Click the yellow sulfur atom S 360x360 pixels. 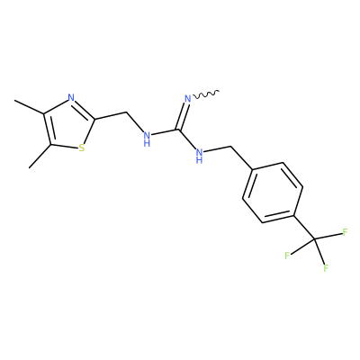click(81, 148)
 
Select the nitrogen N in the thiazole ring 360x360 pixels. click(71, 98)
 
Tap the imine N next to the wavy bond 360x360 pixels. click(188, 98)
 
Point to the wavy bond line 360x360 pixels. click(206, 94)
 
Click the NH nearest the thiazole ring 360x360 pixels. click(147, 139)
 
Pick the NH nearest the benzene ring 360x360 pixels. click(199, 156)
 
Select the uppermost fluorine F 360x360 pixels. click(345, 232)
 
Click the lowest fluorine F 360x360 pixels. click(326, 268)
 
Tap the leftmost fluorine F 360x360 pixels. click(287, 256)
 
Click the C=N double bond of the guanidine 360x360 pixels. click(184, 116)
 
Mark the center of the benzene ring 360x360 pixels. click(273, 193)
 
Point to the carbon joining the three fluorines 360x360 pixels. click(315, 239)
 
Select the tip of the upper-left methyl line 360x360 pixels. click(15, 101)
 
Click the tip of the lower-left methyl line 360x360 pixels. click(30, 167)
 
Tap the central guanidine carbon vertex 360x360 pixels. click(179, 130)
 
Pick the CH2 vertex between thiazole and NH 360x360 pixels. click(127, 112)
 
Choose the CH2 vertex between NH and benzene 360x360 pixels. click(231, 147)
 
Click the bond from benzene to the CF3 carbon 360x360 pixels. click(304, 227)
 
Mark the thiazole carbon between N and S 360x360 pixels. click(95, 120)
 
